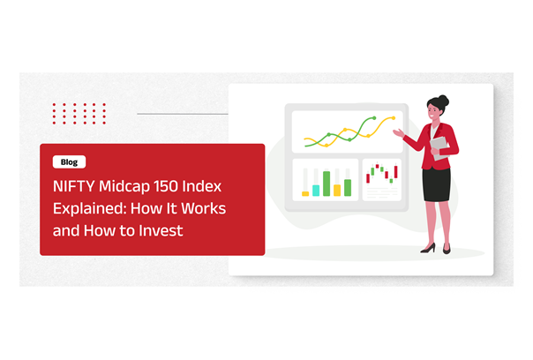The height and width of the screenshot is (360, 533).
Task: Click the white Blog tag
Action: point(69,161)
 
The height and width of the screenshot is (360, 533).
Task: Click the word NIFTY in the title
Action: point(74,186)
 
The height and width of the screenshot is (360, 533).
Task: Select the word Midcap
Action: point(124,187)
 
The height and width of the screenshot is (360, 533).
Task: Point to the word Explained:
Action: point(89,209)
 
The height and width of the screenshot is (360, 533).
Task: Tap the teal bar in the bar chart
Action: point(316,191)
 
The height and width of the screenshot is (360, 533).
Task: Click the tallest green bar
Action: point(327,184)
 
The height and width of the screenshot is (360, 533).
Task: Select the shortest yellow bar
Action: point(305,194)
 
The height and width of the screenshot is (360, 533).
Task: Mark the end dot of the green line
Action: point(374,118)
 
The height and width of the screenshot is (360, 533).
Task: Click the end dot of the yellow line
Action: point(394,118)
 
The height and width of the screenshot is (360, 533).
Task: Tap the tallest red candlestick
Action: point(395,171)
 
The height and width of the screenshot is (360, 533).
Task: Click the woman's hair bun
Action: point(443,101)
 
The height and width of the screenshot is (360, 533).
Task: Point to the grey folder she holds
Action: point(440,148)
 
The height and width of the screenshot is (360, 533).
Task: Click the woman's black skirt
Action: point(437,184)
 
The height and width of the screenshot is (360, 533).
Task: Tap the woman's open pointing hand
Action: point(398,132)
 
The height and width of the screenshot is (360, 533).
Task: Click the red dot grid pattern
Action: point(79,114)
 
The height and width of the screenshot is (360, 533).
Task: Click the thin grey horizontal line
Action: point(183,114)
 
